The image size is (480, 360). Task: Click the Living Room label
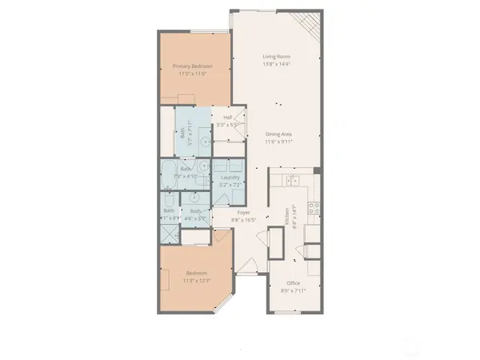277,56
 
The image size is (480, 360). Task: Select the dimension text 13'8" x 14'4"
277,63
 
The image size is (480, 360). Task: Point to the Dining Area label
277,134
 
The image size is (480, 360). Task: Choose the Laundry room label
230,177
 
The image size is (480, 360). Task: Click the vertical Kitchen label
287,214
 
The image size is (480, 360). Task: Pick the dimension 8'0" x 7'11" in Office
294,289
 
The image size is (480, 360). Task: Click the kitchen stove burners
314,210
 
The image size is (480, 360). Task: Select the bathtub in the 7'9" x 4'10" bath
170,170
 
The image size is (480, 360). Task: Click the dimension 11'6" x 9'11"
277,142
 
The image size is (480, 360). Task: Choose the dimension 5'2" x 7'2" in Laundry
230,184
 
